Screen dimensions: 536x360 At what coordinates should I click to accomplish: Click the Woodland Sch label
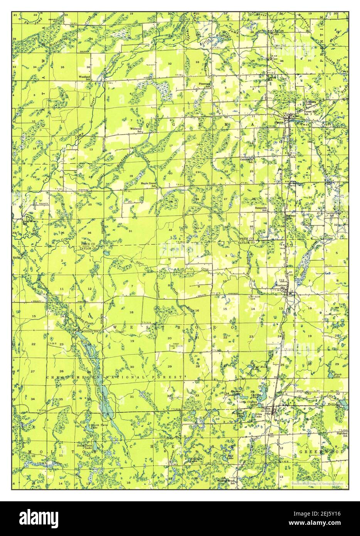point(84,78)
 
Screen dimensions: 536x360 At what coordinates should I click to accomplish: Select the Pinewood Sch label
point(204,85)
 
